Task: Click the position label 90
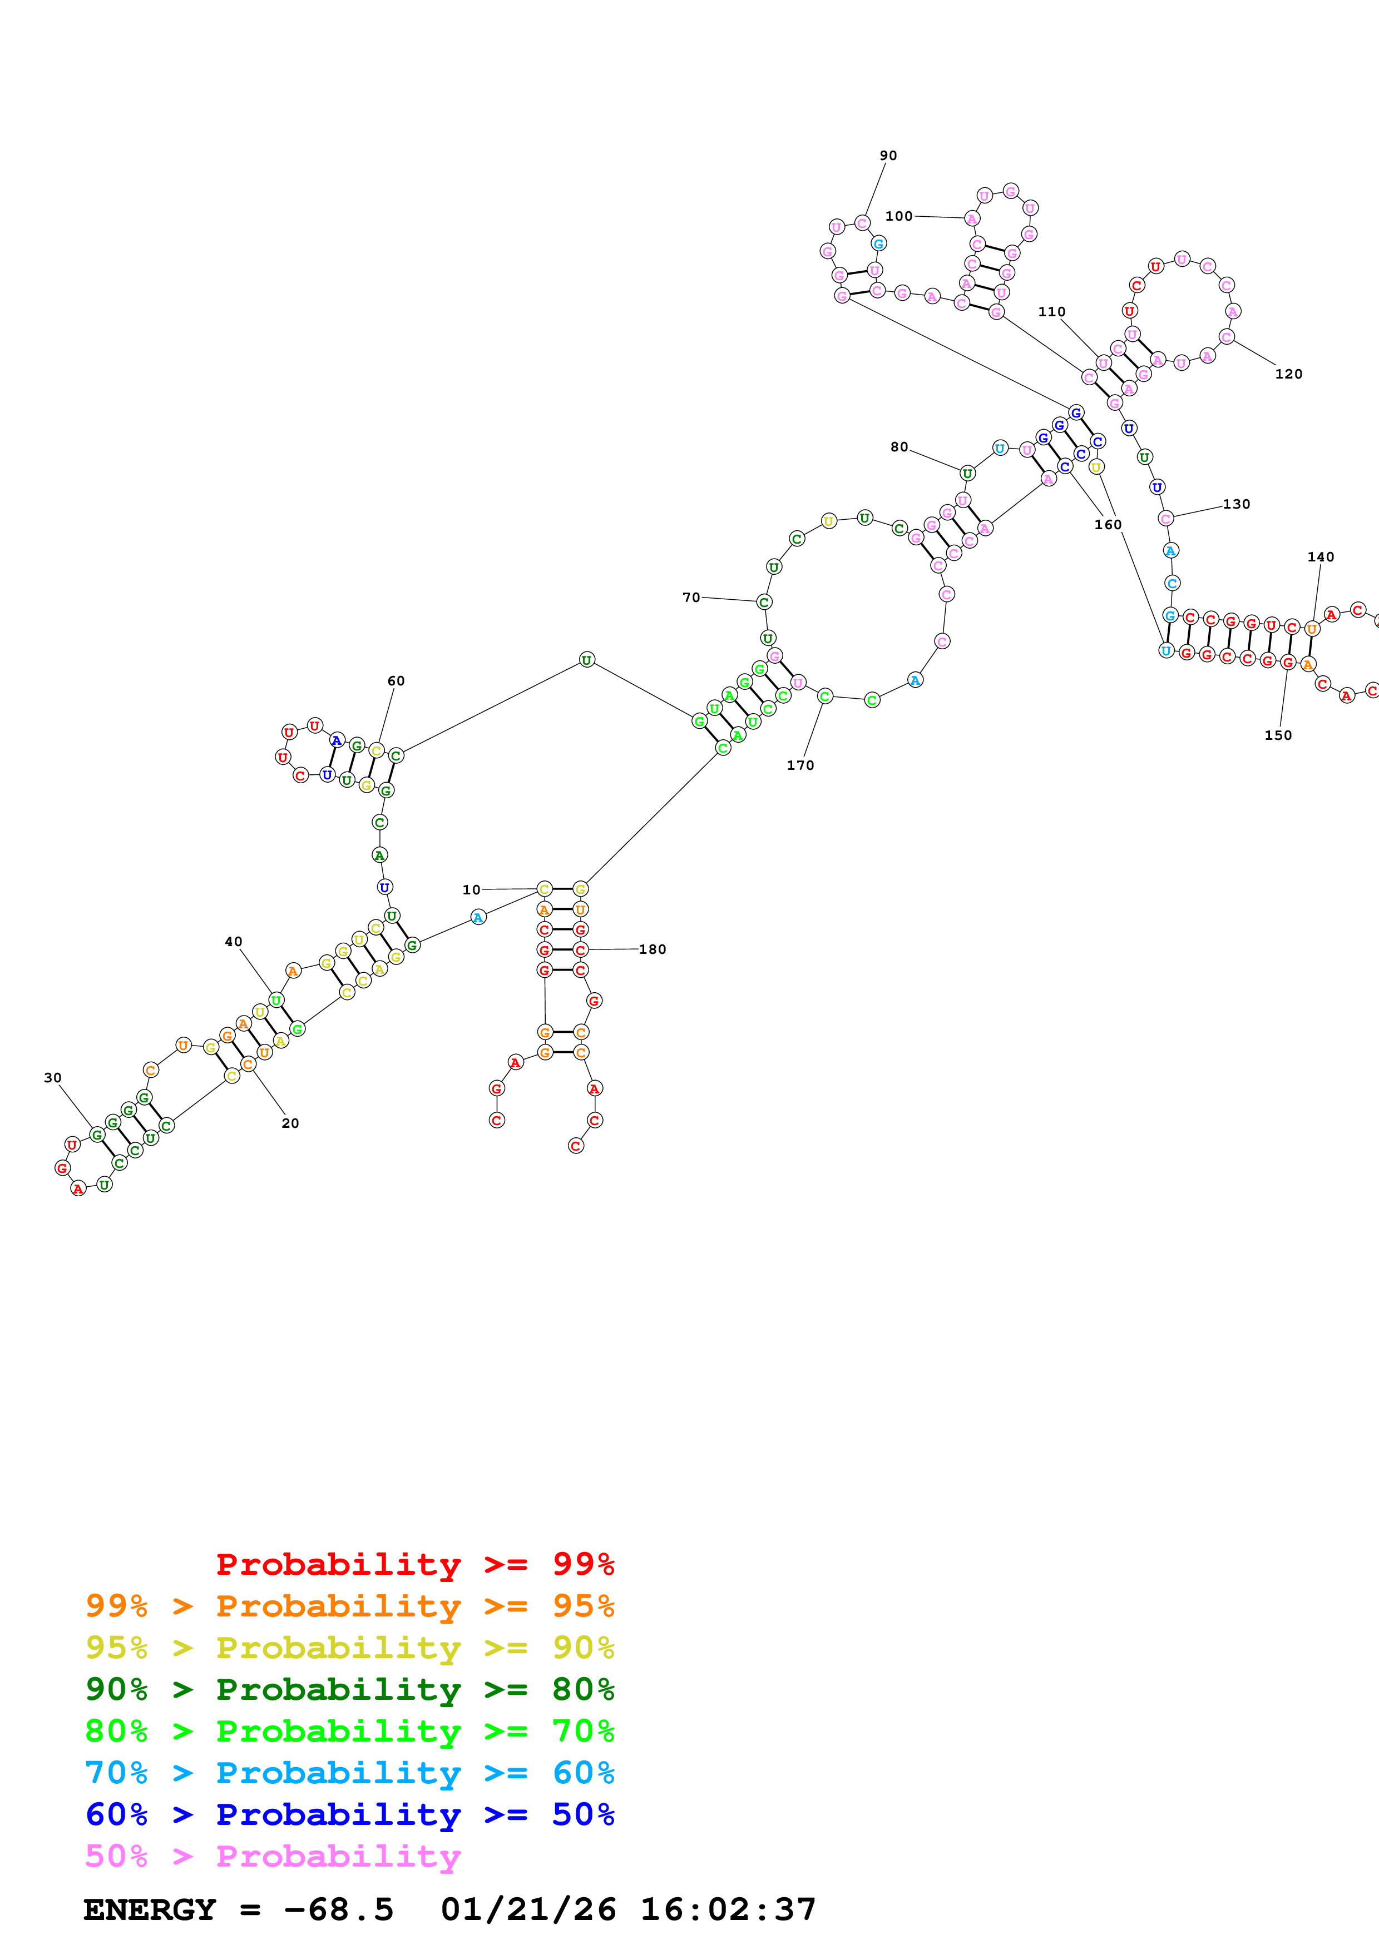point(888,156)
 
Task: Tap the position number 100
point(898,216)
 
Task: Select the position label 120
point(1288,374)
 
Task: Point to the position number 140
point(1321,557)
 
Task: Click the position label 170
point(799,765)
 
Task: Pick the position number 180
point(652,949)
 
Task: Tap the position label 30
point(53,1078)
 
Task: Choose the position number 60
point(396,681)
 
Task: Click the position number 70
point(691,598)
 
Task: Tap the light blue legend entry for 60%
point(349,1773)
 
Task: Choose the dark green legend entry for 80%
point(349,1689)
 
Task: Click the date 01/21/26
point(528,1910)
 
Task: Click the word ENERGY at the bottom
point(150,1910)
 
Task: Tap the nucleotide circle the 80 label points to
point(967,473)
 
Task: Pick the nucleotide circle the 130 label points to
point(1166,518)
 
